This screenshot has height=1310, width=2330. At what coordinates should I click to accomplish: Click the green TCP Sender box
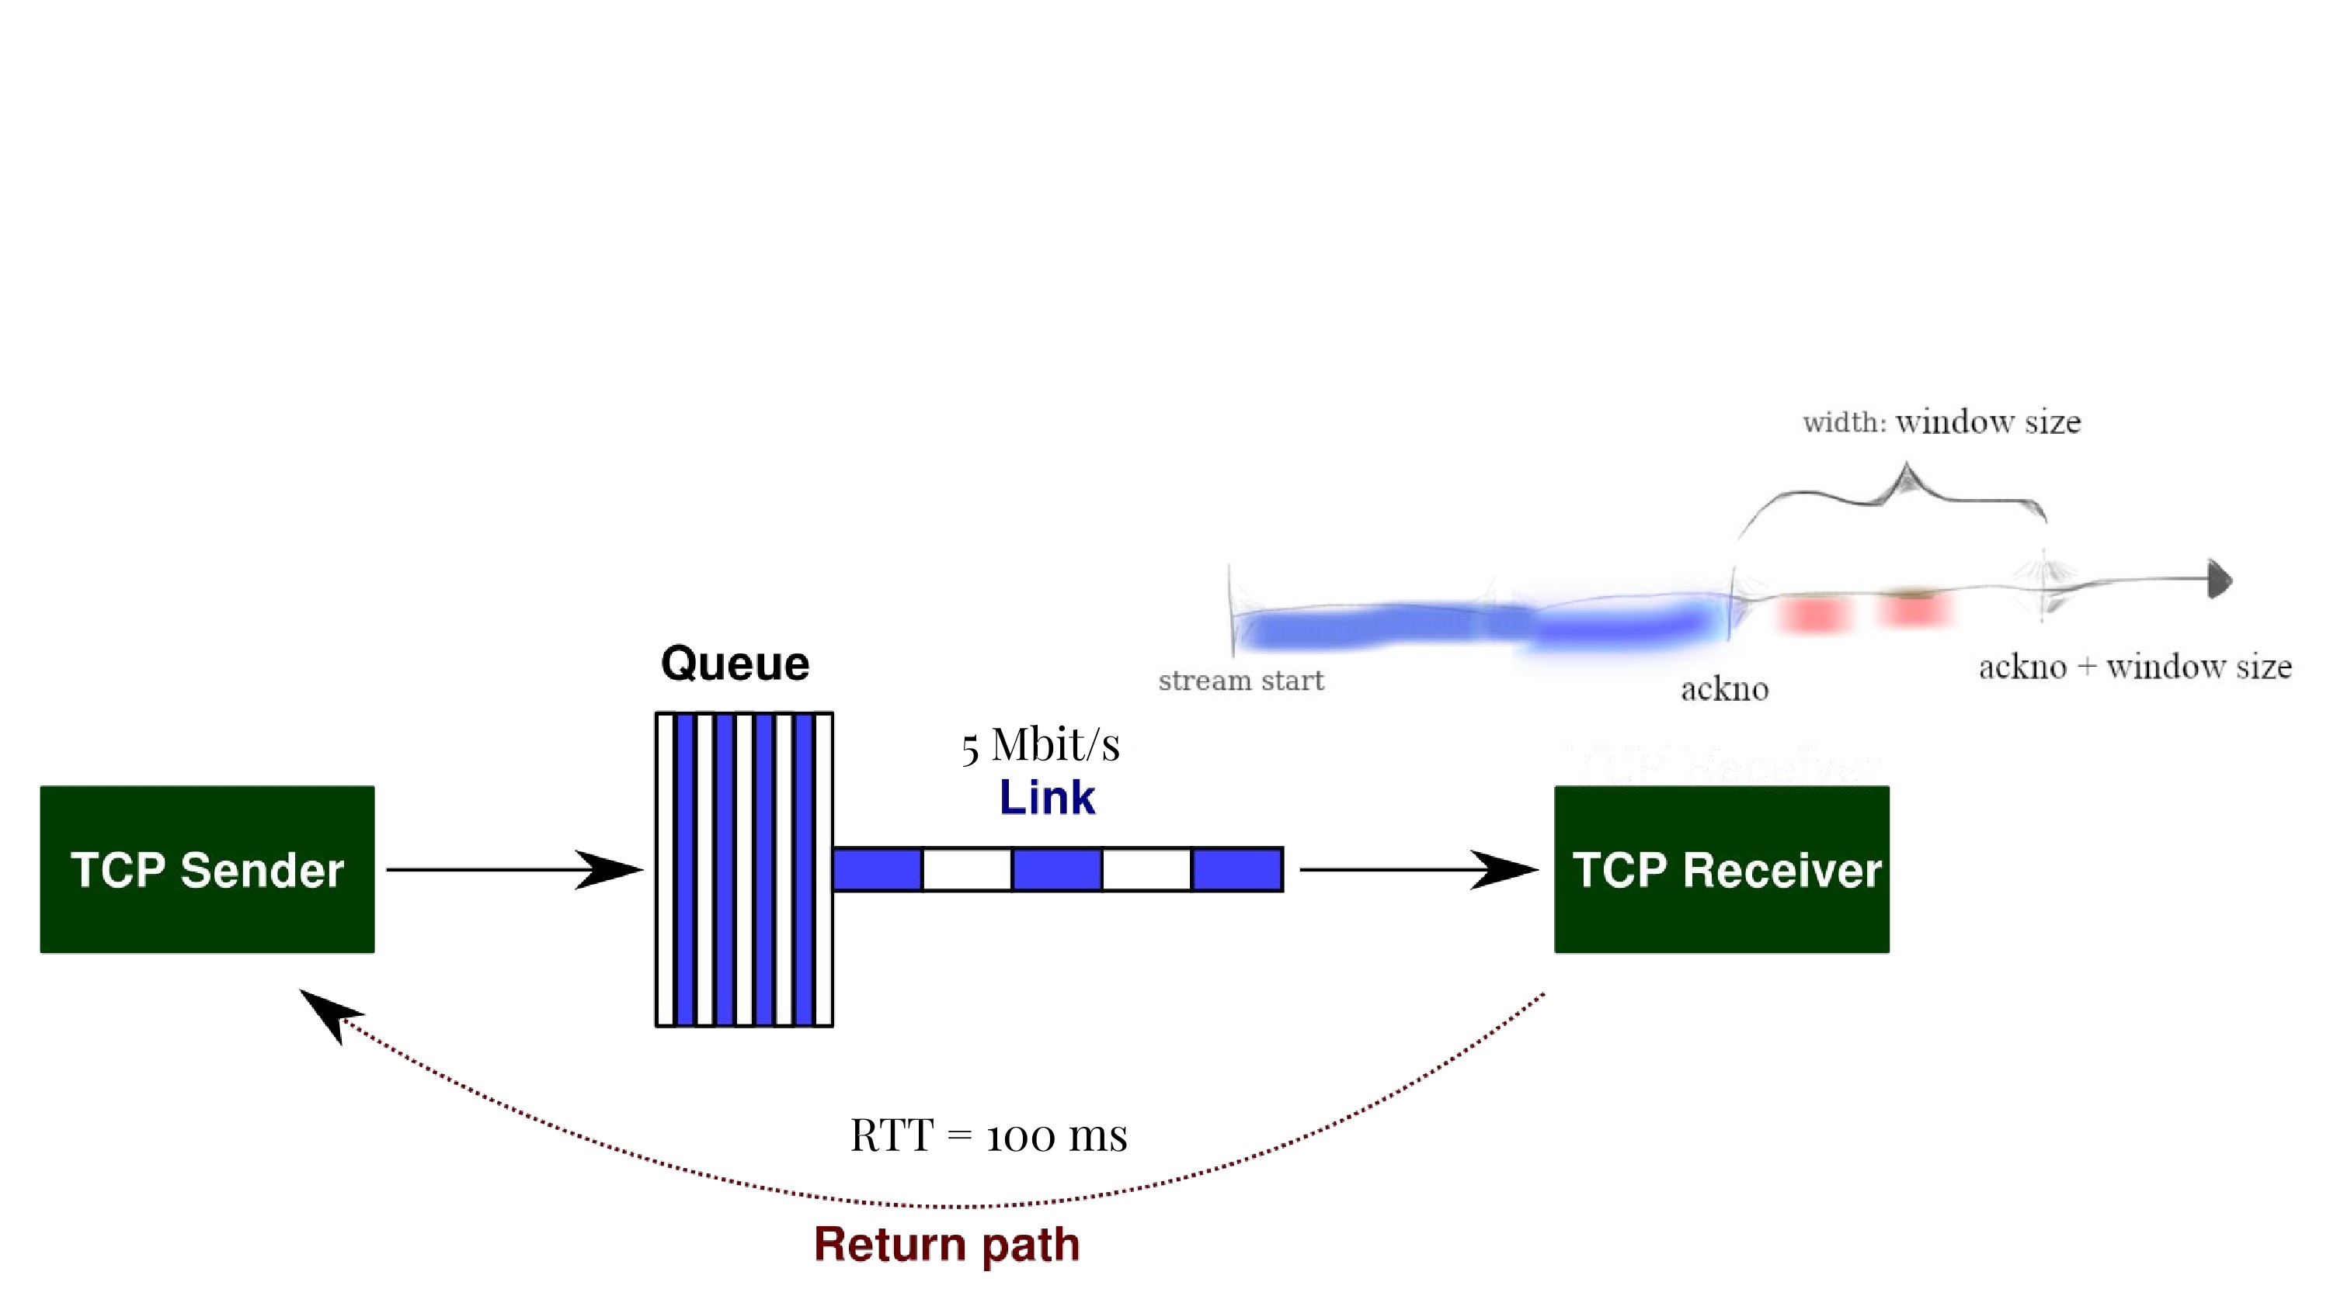(207, 869)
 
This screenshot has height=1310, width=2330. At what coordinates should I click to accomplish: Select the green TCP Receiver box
(1721, 869)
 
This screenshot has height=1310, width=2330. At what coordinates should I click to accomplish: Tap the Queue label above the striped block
(735, 663)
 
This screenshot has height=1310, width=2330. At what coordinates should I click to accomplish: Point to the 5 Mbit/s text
(1040, 746)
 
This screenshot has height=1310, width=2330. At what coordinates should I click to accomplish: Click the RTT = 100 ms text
(989, 1135)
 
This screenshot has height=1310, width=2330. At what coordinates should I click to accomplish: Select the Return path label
(947, 1244)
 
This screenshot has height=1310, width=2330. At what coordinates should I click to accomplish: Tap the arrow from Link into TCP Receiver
(1419, 870)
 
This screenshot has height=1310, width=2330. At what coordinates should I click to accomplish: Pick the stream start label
(1241, 681)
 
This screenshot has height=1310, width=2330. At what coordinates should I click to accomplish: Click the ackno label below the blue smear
(1724, 690)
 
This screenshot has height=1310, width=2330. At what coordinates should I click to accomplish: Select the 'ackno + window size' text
(2134, 667)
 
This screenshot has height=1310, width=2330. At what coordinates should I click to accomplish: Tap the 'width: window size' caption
(1942, 422)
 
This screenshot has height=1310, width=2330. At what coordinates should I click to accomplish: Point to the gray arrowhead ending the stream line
(2220, 579)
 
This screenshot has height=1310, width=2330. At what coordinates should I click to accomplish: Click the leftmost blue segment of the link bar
(878, 870)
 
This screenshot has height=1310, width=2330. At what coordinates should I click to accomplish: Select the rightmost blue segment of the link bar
(1236, 870)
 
